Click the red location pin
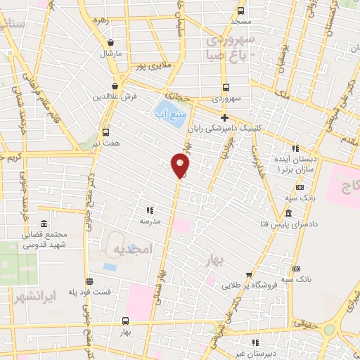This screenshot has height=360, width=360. [x=180, y=165]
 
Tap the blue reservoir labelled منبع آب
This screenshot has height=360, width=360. [x=169, y=113]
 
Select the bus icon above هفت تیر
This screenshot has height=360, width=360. [x=105, y=132]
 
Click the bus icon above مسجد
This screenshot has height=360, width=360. [x=241, y=11]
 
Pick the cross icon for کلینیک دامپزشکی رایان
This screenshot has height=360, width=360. [x=224, y=118]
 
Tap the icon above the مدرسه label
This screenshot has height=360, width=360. [x=149, y=210]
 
